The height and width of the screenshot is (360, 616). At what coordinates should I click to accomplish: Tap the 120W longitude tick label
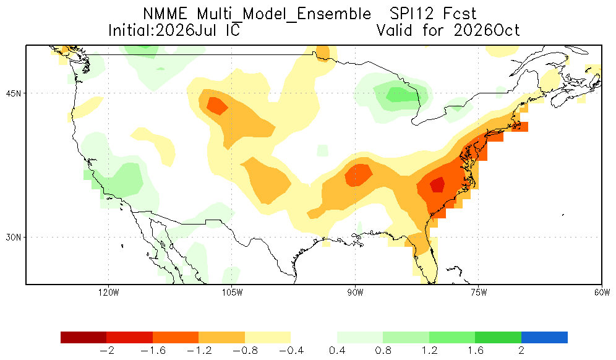[109, 293]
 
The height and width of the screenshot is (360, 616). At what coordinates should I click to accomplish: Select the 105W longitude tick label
[232, 293]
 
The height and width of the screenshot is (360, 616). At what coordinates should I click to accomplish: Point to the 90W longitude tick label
[355, 293]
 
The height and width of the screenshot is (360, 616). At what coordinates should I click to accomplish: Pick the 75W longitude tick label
[479, 293]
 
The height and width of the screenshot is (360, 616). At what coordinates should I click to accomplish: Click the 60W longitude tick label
[602, 293]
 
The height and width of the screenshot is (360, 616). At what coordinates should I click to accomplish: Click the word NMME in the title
[165, 14]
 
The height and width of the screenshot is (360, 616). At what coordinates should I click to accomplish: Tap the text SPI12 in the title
[412, 14]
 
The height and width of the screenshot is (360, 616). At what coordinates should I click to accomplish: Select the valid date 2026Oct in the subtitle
[487, 30]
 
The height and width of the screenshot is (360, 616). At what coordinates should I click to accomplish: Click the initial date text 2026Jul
[186, 30]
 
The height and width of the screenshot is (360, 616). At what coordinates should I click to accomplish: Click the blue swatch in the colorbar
[544, 338]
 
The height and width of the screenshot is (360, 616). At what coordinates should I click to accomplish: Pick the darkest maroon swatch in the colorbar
[83, 338]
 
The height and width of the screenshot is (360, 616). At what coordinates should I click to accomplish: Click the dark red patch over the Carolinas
[437, 185]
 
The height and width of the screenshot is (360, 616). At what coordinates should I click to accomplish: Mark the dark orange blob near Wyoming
[217, 106]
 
